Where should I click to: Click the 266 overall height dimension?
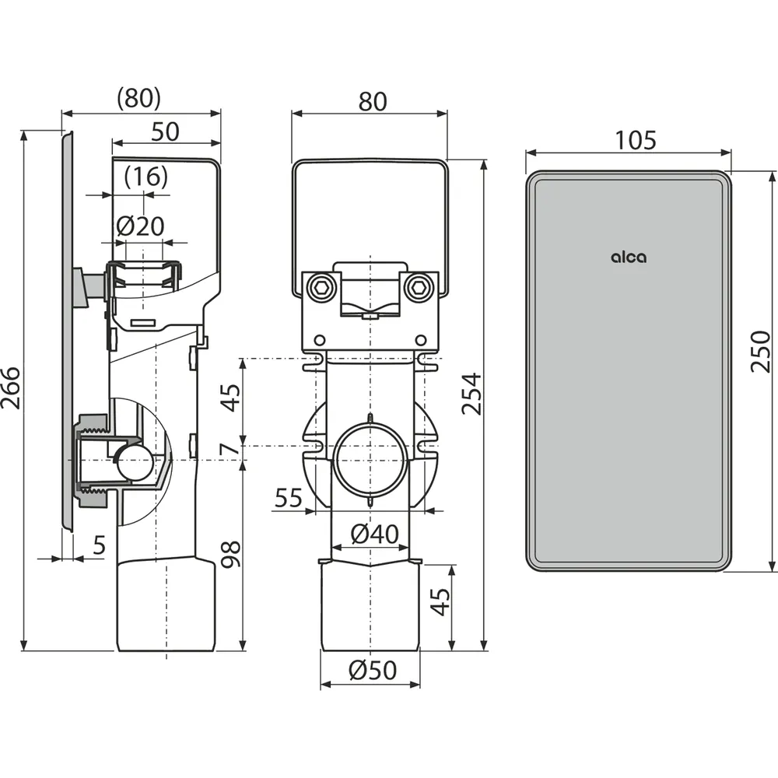pos(11,388)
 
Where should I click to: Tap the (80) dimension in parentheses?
pos(139,98)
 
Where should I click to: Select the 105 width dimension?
pos(636,140)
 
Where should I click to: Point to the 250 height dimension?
pos(759,352)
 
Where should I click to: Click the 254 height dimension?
pos(472,394)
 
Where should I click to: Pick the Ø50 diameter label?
pos(373,670)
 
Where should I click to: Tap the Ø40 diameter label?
pos(375,534)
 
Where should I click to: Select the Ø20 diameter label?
pos(140,226)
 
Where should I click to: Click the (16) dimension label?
pos(146,177)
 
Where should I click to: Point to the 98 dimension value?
pos(231,554)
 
